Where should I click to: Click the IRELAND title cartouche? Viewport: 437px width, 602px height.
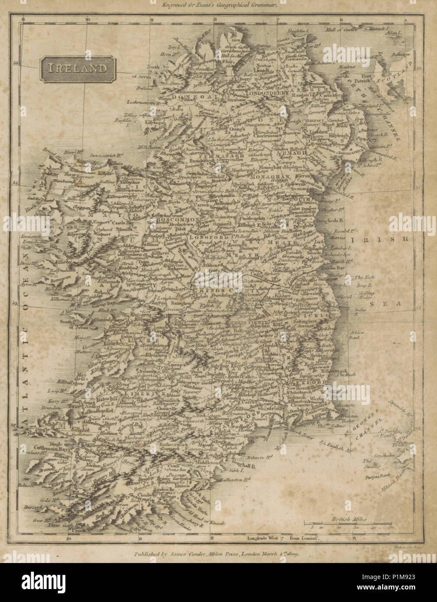coord(77,68)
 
